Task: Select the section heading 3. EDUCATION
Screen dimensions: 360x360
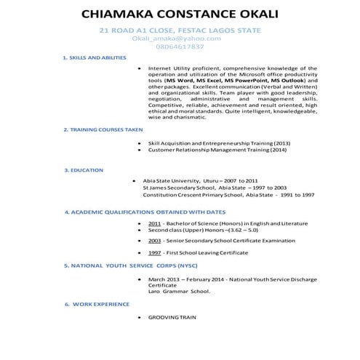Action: click(x=84, y=170)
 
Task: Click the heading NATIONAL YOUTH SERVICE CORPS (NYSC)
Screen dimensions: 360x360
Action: click(x=131, y=265)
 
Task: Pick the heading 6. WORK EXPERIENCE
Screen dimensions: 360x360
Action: click(x=95, y=303)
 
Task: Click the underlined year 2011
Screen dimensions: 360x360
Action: click(x=154, y=223)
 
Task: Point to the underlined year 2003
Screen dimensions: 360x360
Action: click(x=154, y=240)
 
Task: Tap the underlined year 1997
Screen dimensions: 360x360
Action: click(x=154, y=253)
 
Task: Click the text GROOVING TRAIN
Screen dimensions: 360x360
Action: click(x=172, y=318)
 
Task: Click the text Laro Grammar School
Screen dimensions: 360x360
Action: click(x=179, y=292)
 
